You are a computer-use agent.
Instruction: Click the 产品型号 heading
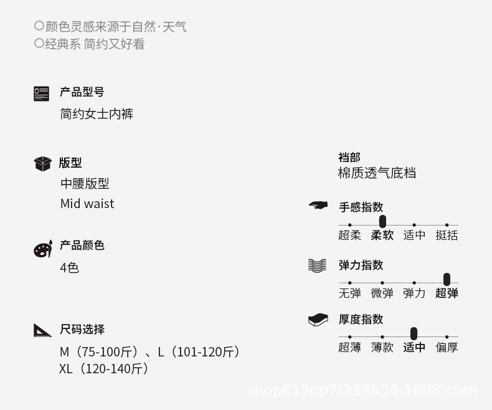(x=82, y=92)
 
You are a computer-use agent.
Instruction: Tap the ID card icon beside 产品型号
(x=41, y=93)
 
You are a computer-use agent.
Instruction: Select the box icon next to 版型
(x=42, y=163)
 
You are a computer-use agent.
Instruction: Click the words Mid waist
(x=87, y=204)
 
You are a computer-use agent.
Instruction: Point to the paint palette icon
(x=42, y=249)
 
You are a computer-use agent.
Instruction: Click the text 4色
(x=69, y=268)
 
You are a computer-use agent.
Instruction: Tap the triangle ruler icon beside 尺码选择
(x=42, y=330)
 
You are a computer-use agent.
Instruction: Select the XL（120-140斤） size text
(x=104, y=369)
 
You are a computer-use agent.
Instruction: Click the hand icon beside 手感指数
(x=318, y=205)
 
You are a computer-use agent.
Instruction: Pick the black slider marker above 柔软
(x=382, y=221)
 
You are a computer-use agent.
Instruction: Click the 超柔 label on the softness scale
(x=349, y=235)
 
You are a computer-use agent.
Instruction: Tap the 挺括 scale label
(x=447, y=235)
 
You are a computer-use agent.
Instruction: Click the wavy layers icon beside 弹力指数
(x=317, y=265)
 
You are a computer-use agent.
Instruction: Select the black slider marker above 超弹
(x=447, y=279)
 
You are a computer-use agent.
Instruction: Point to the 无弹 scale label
(x=349, y=293)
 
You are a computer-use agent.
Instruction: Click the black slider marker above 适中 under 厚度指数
(x=414, y=333)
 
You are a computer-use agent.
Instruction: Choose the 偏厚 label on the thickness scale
(x=447, y=347)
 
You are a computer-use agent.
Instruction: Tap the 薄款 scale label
(x=382, y=347)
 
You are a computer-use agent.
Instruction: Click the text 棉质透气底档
(x=377, y=173)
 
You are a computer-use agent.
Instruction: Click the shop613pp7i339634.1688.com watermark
(x=361, y=391)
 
